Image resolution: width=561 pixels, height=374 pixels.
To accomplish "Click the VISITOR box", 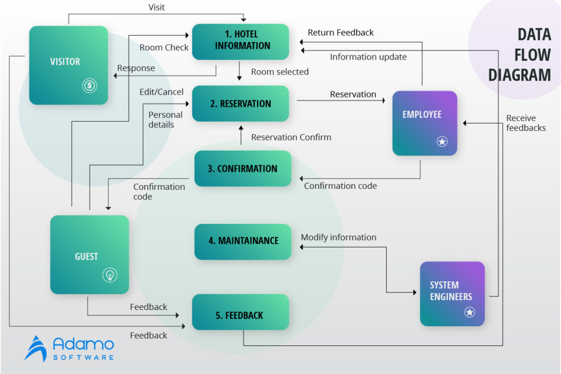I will (x=68, y=65).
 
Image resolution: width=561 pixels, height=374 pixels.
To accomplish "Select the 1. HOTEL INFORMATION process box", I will (x=241, y=42).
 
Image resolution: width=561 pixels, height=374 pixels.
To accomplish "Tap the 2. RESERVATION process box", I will (x=241, y=103).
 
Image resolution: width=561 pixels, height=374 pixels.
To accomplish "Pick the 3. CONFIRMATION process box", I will (x=243, y=169).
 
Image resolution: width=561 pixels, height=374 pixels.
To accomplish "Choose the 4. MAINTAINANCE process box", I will (x=243, y=241).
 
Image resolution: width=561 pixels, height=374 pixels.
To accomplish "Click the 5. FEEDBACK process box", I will (x=240, y=315).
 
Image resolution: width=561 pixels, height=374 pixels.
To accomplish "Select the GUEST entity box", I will (x=89, y=255).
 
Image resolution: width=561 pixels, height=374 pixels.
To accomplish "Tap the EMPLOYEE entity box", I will (x=425, y=123).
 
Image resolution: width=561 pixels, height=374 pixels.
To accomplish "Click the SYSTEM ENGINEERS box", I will (x=452, y=294).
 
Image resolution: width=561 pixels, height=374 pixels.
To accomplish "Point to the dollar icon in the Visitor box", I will (x=89, y=85).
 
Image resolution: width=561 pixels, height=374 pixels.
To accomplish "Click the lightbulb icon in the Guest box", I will (x=110, y=275).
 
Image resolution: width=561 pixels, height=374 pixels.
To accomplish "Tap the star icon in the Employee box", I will (x=442, y=142).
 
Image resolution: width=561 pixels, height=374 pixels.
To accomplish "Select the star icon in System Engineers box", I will (x=470, y=312).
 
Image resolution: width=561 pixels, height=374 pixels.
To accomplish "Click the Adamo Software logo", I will (x=70, y=348).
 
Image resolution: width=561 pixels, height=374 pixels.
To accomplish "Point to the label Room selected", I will (x=279, y=72).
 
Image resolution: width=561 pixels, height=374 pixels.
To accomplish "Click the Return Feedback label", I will (x=340, y=33).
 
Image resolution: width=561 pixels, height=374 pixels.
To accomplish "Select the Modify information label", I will (x=338, y=238).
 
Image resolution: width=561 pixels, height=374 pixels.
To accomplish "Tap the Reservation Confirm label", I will (x=291, y=137).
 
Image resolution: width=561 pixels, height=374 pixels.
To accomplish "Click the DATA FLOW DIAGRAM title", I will (x=519, y=54).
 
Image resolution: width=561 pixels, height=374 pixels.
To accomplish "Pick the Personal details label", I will (x=165, y=120).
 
